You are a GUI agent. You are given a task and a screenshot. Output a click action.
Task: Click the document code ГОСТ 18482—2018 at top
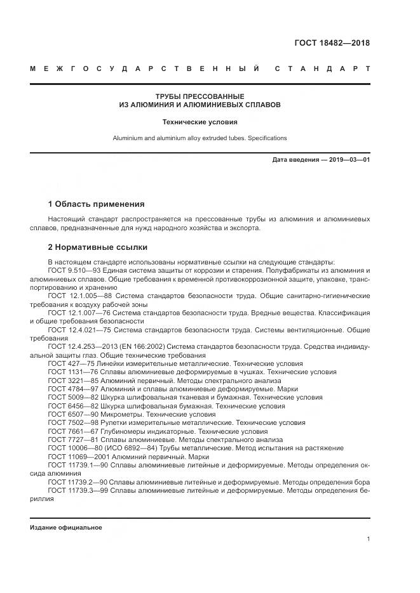coord(331,43)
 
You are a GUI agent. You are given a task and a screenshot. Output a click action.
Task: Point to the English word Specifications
coord(266,138)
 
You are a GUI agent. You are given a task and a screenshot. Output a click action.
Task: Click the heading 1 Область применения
coord(96,204)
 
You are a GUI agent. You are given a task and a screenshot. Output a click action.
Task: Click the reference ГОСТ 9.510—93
coord(71,270)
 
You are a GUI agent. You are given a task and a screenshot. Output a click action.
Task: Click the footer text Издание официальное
coord(66,528)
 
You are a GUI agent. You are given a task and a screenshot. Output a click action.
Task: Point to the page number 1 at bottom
coord(369,539)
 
